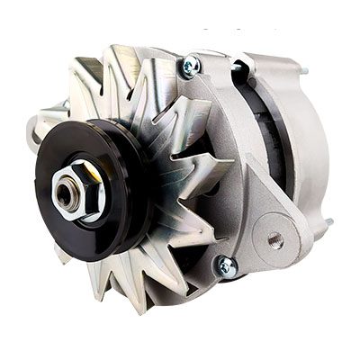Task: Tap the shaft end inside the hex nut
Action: (67, 190)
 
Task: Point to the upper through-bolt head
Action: (191, 65)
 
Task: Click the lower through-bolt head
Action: (226, 265)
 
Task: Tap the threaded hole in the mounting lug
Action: (275, 240)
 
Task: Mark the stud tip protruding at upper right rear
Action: (305, 70)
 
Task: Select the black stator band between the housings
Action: (261, 135)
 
